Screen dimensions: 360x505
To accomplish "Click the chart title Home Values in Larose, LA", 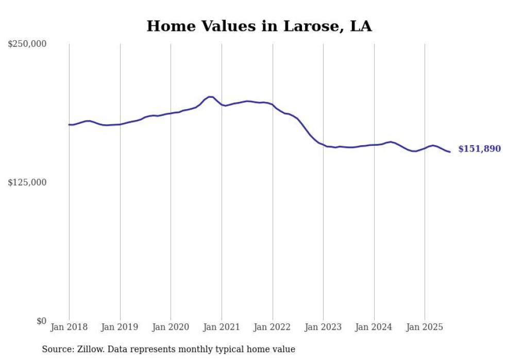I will [259, 26].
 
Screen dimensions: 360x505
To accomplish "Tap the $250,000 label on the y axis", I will [27, 44].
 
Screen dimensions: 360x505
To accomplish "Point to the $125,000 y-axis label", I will [27, 182].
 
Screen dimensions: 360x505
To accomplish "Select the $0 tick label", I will [41, 321].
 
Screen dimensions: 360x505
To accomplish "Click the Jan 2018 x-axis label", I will [69, 327].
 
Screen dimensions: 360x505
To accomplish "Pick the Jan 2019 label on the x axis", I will [120, 327].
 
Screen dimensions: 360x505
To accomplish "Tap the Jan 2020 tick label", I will [171, 327].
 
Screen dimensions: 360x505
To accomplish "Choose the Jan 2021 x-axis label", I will [222, 327].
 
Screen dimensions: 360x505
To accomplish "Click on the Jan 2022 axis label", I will [273, 327].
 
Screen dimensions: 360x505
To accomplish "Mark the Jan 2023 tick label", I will [323, 327].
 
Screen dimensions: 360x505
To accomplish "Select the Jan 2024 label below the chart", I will [374, 327].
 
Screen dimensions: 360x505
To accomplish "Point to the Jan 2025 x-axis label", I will [425, 327].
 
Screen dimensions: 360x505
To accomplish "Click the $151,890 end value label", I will [479, 149].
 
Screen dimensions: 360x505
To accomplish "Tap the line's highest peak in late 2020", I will [210, 97].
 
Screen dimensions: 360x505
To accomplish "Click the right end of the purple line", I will [450, 152].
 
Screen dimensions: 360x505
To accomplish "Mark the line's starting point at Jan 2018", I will [69, 125].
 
